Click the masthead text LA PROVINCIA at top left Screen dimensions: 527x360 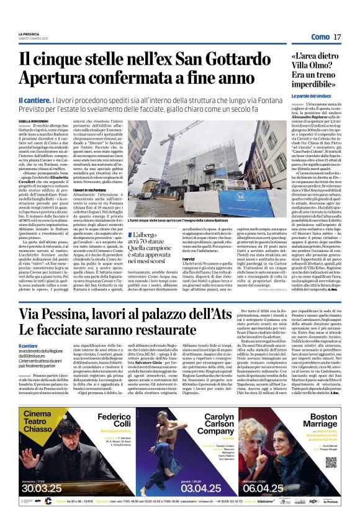(x=29, y=34)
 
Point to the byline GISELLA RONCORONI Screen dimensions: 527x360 (x=34, y=121)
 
